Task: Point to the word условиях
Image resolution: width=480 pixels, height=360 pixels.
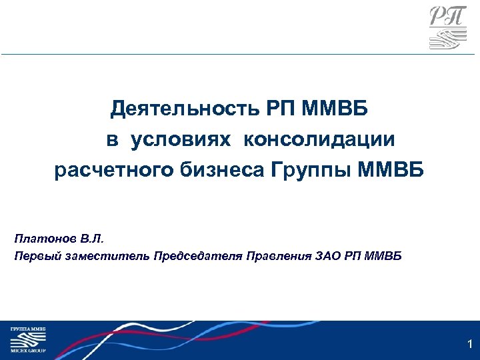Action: (181, 140)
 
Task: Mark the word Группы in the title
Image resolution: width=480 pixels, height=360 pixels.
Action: (312, 172)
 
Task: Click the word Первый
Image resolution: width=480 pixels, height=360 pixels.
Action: (34, 256)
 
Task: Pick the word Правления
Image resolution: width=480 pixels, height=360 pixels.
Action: (278, 256)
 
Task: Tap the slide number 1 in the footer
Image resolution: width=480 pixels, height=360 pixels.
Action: (470, 345)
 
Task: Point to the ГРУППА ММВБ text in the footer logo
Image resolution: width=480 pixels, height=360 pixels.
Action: (27, 329)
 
